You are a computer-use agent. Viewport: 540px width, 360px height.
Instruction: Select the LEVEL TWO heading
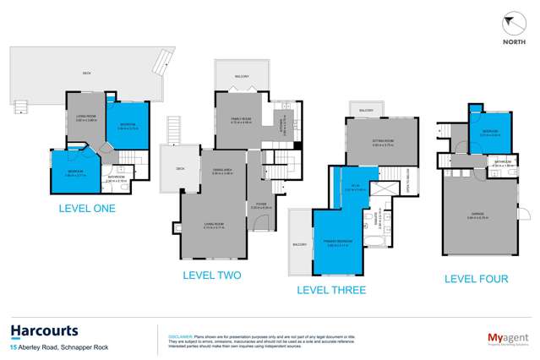click(212, 275)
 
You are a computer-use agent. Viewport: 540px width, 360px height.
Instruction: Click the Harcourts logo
click(44, 330)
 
